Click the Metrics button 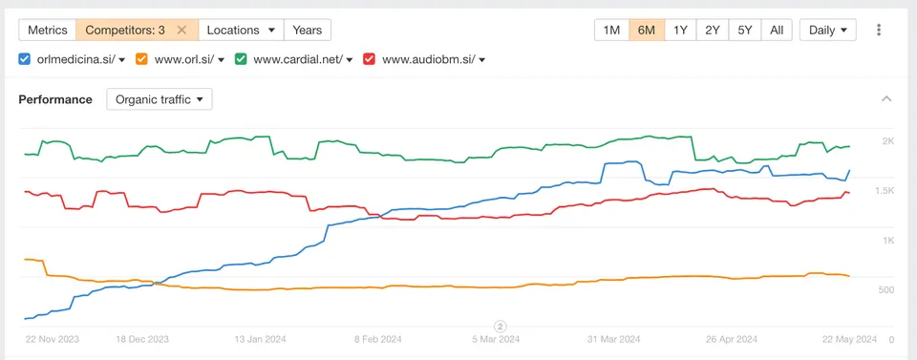pyautogui.click(x=48, y=30)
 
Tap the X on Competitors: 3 pyautogui.click(x=181, y=30)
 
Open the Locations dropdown pyautogui.click(x=241, y=30)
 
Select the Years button pyautogui.click(x=307, y=30)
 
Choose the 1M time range pyautogui.click(x=611, y=30)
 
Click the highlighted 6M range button pyautogui.click(x=647, y=30)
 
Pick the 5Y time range pyautogui.click(x=745, y=30)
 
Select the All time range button pyautogui.click(x=777, y=30)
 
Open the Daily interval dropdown pyautogui.click(x=827, y=30)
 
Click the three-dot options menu pyautogui.click(x=879, y=30)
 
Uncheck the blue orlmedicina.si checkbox pyautogui.click(x=25, y=59)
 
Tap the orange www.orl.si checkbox pyautogui.click(x=142, y=59)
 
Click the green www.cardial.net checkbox pyautogui.click(x=241, y=59)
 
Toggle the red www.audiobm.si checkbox pyautogui.click(x=369, y=59)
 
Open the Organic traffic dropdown pyautogui.click(x=160, y=99)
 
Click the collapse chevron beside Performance pyautogui.click(x=886, y=98)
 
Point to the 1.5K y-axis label pyautogui.click(x=884, y=191)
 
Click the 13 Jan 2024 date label pyautogui.click(x=259, y=339)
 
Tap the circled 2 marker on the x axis pyautogui.click(x=500, y=327)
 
